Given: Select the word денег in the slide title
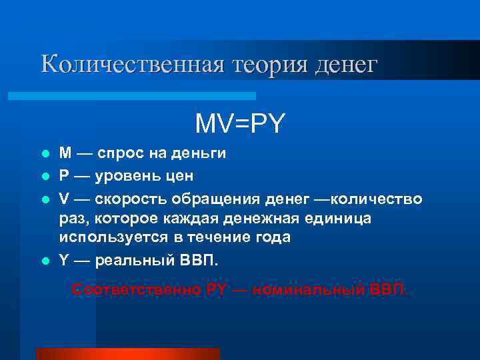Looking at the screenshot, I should click(x=345, y=65).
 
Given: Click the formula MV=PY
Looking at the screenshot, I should click(x=240, y=123).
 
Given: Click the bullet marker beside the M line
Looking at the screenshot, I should click(x=45, y=154).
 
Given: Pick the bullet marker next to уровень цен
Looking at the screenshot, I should click(x=45, y=177).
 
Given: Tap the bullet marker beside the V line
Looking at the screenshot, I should click(x=45, y=199).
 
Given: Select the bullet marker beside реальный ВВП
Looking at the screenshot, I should click(x=45, y=261).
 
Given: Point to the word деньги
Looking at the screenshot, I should click(x=200, y=154).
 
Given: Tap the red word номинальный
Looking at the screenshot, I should click(x=311, y=290).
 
